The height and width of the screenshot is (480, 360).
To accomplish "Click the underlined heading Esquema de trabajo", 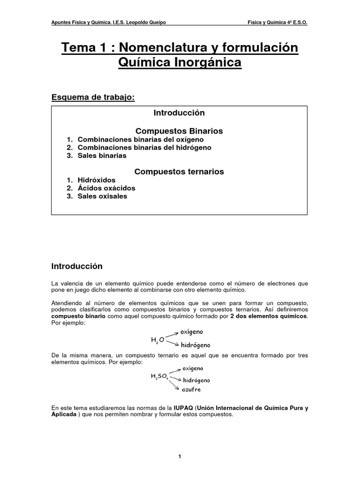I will pyautogui.click(x=93, y=97).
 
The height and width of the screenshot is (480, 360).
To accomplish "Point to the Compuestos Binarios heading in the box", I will pyautogui.click(x=179, y=130).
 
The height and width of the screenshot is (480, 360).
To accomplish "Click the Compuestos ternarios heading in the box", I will pyautogui.click(x=179, y=172).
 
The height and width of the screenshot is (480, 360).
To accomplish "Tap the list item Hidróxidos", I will pyautogui.click(x=96, y=180).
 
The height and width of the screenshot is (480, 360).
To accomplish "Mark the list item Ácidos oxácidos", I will pyautogui.click(x=106, y=188).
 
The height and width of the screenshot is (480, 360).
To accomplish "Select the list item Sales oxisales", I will pyautogui.click(x=102, y=196).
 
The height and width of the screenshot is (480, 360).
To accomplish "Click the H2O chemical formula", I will pyautogui.click(x=157, y=339).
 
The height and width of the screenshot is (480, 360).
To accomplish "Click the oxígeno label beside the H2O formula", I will pyautogui.click(x=192, y=332).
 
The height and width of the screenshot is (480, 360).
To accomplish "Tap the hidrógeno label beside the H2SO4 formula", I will pyautogui.click(x=196, y=380).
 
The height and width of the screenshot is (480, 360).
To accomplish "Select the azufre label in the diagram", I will pyautogui.click(x=191, y=390).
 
